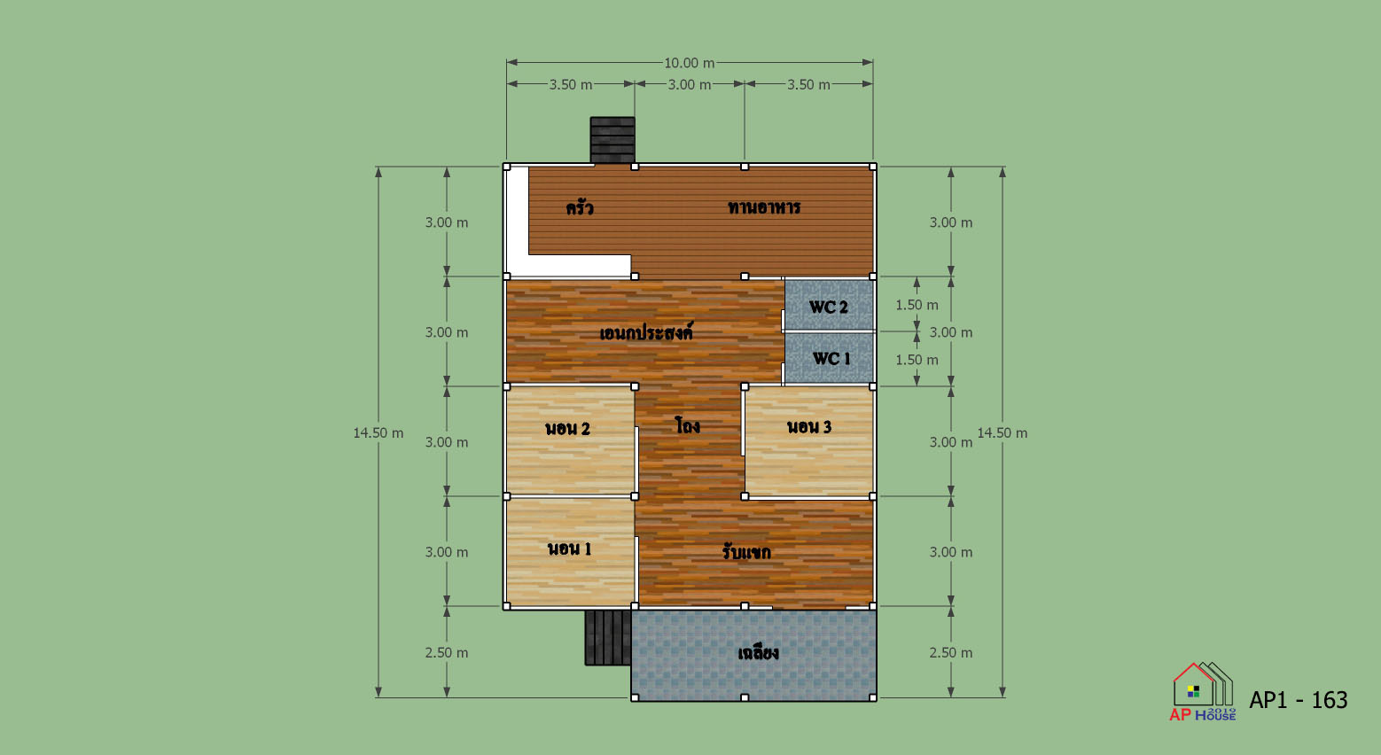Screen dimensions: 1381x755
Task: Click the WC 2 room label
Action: point(828,307)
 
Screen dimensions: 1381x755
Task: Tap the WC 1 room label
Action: point(831,359)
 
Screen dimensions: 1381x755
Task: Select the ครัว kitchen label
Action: point(580,207)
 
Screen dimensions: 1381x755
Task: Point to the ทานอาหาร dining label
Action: point(764,207)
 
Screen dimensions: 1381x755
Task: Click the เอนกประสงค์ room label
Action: point(646,333)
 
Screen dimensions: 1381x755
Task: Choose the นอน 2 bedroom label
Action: point(568,428)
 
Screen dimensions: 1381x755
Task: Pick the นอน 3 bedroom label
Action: point(809,426)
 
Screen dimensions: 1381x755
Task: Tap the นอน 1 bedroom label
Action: point(570,549)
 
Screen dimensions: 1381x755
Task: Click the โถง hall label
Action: point(688,425)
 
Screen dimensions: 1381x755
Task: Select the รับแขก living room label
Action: point(746,551)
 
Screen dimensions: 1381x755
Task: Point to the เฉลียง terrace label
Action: point(759,653)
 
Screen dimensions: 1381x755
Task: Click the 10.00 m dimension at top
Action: point(690,63)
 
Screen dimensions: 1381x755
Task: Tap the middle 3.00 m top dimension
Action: point(690,84)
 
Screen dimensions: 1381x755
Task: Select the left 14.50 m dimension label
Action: point(378,433)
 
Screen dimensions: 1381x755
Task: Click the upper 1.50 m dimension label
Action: point(917,305)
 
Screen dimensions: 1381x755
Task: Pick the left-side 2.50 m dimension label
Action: point(447,653)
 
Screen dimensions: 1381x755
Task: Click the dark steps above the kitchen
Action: point(612,140)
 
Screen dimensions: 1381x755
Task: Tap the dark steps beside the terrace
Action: point(608,638)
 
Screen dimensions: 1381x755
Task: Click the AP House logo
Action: point(1203,691)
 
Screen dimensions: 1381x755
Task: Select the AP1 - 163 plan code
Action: point(1299,700)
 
